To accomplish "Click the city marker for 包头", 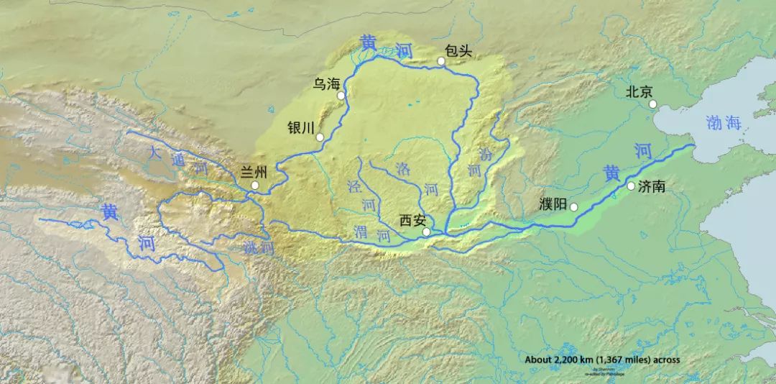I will coord(441,61).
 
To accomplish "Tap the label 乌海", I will coord(325,84).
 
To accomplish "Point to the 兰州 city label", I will coord(253,172).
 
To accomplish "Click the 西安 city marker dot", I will coord(427,232).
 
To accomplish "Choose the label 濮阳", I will coord(553,203).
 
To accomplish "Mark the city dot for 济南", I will coord(631,186).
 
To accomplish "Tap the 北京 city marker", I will coord(652,104).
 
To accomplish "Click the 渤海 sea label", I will coord(723,123).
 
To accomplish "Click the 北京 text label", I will coord(639,91).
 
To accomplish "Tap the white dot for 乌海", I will coord(341,95).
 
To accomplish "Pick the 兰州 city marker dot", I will coord(254,186).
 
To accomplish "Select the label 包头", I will coord(458,51).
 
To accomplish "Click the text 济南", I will coord(651,186).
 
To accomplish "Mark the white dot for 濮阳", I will coord(573,207).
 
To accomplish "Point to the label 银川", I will coord(301,127).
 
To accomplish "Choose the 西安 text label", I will coord(412,221).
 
